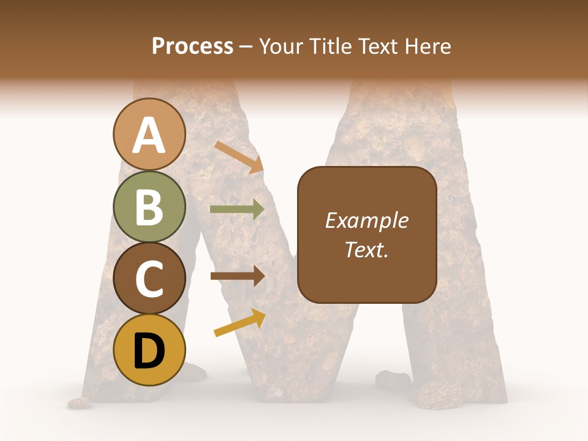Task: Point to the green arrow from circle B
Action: [237, 209]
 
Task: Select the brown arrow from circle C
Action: [237, 276]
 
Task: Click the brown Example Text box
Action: [367, 269]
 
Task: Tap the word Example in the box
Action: [367, 221]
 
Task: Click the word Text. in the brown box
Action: [366, 250]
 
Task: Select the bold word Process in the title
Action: [192, 46]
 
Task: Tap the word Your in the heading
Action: [282, 46]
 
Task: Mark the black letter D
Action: [149, 352]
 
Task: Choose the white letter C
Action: [149, 279]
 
